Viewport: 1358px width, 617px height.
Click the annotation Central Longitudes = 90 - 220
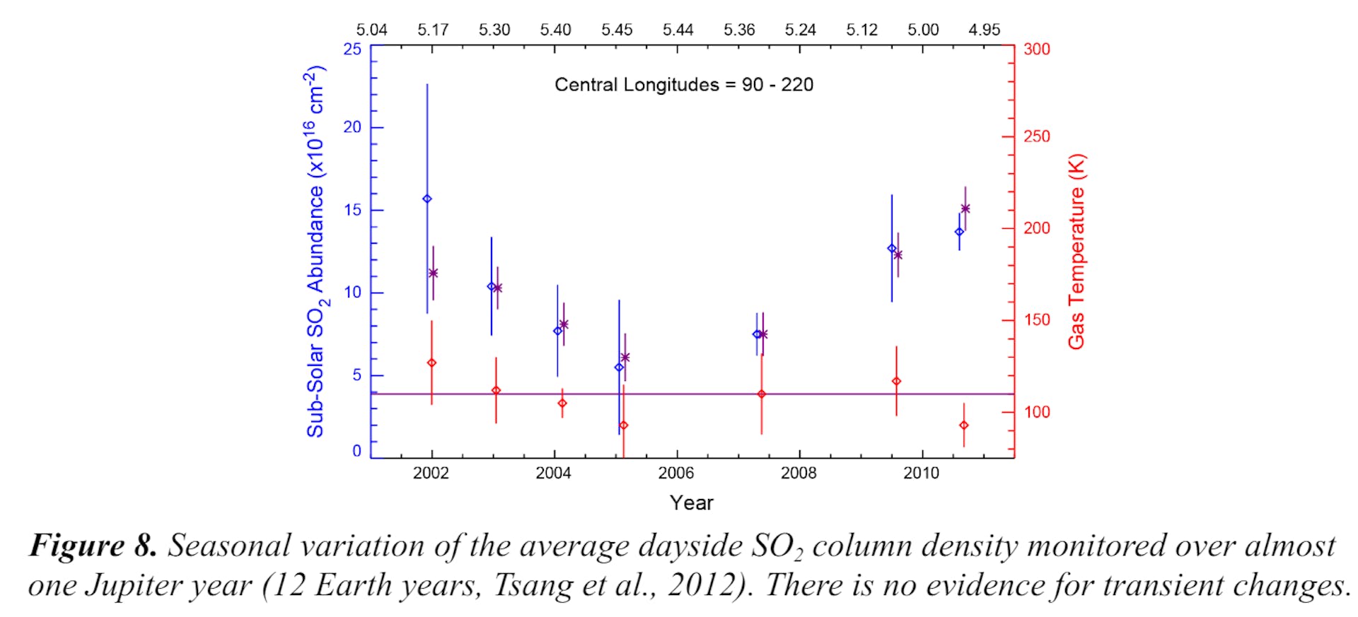(x=683, y=85)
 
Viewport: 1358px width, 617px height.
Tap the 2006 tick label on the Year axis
(x=676, y=474)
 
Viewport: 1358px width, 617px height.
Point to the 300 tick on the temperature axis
(x=1036, y=49)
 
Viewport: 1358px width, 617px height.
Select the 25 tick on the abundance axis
(x=352, y=49)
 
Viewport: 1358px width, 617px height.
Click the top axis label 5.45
(x=617, y=30)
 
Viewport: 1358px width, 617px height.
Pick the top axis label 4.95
(x=984, y=30)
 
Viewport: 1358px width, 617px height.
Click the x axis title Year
(x=691, y=503)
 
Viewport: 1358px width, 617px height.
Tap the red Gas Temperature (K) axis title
(x=1076, y=252)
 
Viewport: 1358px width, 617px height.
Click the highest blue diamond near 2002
(x=427, y=199)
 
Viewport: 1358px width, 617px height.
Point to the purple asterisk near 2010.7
(x=965, y=208)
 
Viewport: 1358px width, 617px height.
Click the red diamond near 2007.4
(x=762, y=394)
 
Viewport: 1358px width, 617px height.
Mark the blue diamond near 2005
(x=619, y=368)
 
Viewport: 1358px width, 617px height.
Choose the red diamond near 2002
(x=431, y=363)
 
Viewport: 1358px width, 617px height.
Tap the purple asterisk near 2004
(x=564, y=324)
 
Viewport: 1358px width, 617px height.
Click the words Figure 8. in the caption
(x=93, y=546)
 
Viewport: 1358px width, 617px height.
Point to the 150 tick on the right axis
(x=1036, y=320)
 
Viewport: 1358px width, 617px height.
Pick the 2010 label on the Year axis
(x=921, y=474)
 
